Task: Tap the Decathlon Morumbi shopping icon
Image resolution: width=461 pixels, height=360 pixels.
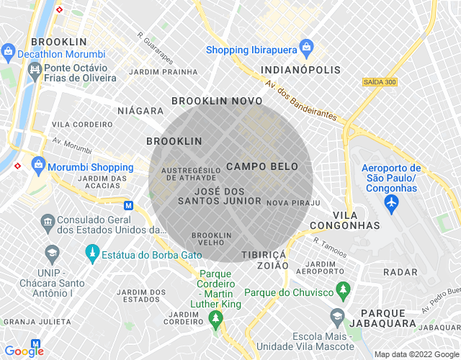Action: [9, 51]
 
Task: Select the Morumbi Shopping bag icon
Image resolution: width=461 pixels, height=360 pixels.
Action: [37, 165]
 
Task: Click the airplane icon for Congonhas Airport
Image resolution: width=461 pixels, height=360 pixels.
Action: [392, 204]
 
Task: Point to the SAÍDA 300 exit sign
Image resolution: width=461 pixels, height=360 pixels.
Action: [380, 82]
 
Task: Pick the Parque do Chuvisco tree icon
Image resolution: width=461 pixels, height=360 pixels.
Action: [344, 292]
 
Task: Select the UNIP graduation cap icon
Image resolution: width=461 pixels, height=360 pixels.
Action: [52, 253]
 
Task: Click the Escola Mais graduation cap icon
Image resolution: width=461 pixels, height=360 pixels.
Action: [337, 316]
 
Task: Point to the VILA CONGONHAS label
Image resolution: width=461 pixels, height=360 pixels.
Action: [356, 220]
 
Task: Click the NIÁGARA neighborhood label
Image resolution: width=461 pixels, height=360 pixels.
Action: [140, 111]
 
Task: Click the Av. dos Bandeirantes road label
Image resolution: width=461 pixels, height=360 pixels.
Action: [300, 100]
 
